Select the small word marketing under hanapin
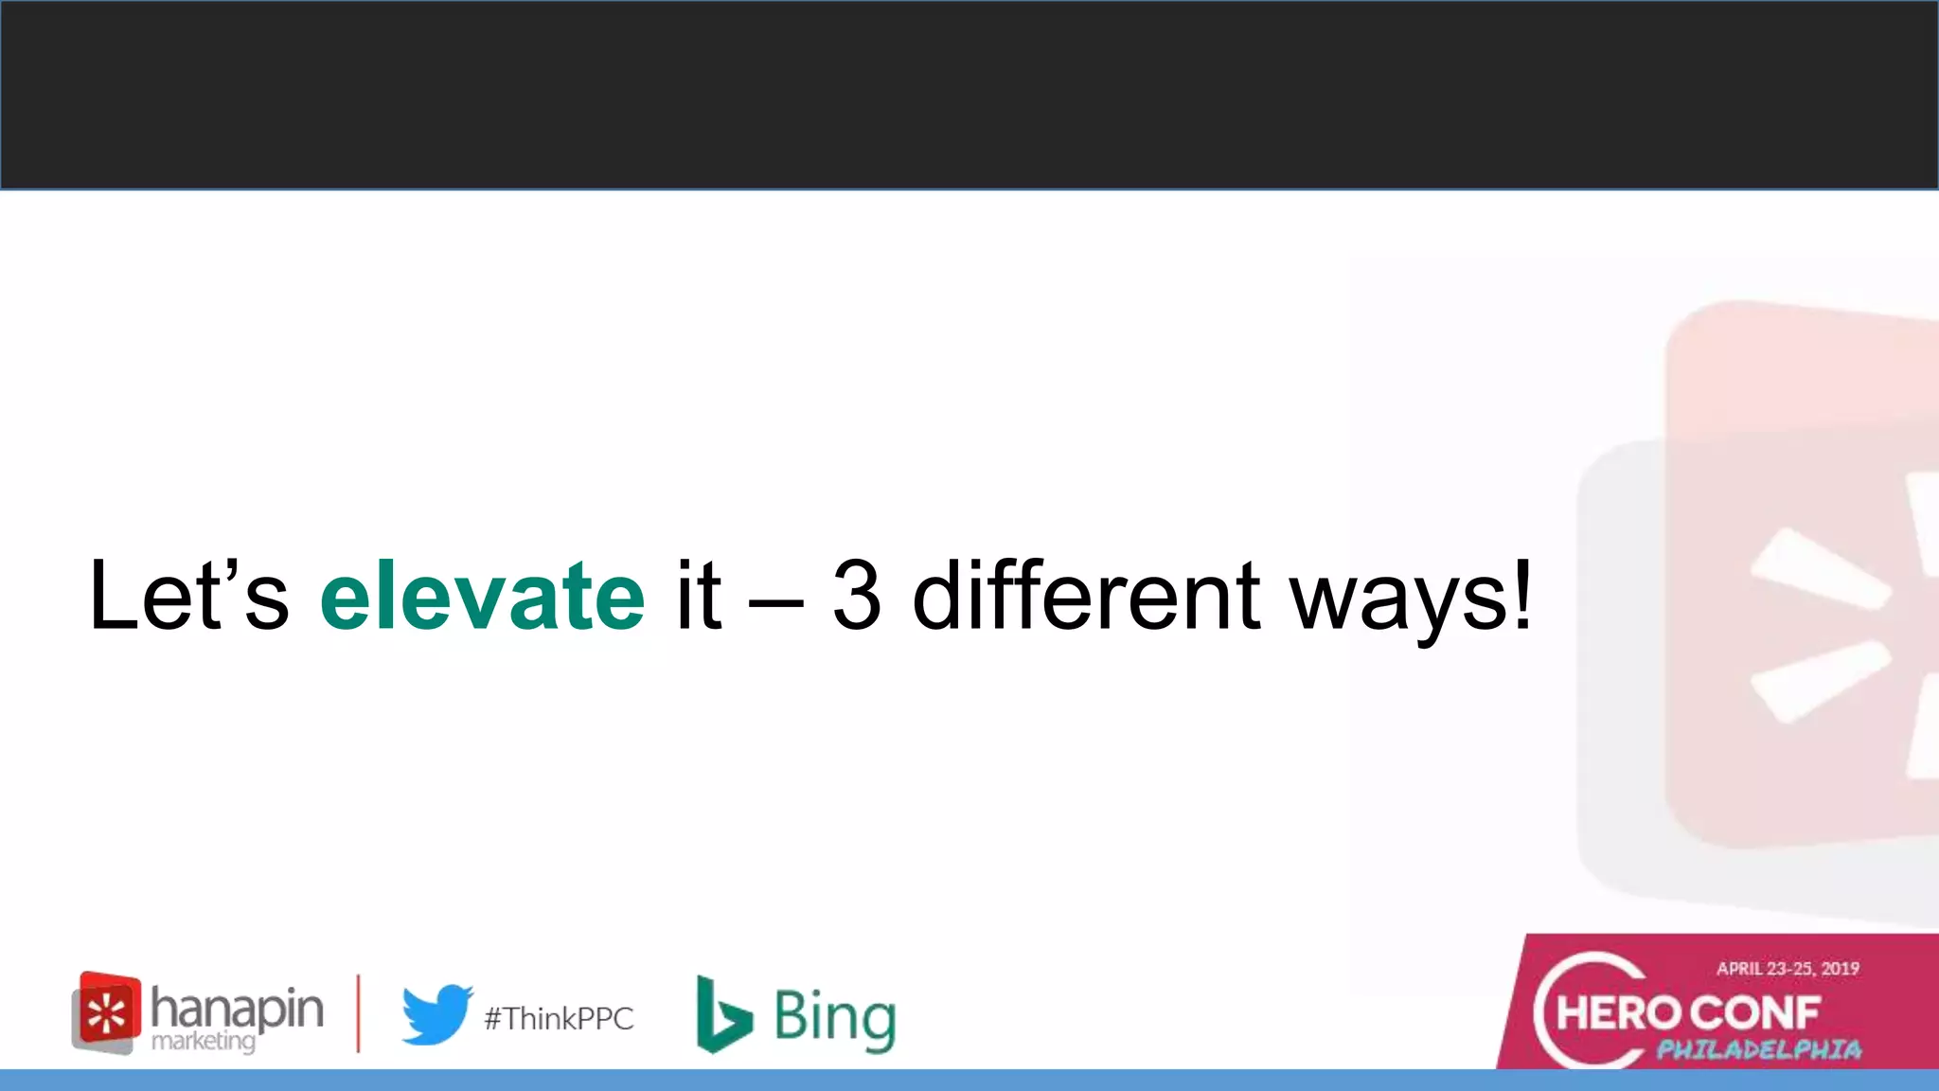(204, 1041)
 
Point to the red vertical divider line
(358, 1013)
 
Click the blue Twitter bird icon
(436, 1013)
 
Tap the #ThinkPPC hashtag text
(559, 1019)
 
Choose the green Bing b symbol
(722, 1014)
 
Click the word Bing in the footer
(834, 1017)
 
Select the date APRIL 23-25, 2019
(1788, 968)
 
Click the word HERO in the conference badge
(1617, 1013)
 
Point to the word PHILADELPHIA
(1758, 1049)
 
